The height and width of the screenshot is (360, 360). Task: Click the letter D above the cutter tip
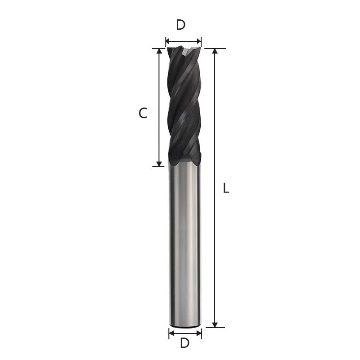(x=181, y=25)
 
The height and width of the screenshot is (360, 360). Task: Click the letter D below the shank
(x=184, y=343)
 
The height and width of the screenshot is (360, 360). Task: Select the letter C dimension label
(x=143, y=114)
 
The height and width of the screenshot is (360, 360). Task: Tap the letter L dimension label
(x=226, y=189)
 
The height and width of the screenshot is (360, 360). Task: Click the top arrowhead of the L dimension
(x=215, y=51)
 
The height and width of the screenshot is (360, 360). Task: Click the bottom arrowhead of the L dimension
(x=215, y=324)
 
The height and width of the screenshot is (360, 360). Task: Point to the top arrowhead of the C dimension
(x=158, y=51)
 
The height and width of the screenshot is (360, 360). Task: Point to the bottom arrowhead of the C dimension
(x=158, y=163)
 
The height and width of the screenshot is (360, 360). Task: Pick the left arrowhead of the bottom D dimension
(x=171, y=333)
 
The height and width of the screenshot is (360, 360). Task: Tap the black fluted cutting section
(x=183, y=108)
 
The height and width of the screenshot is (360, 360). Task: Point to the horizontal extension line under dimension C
(x=158, y=166)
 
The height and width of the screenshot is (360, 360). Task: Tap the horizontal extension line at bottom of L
(x=215, y=328)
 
